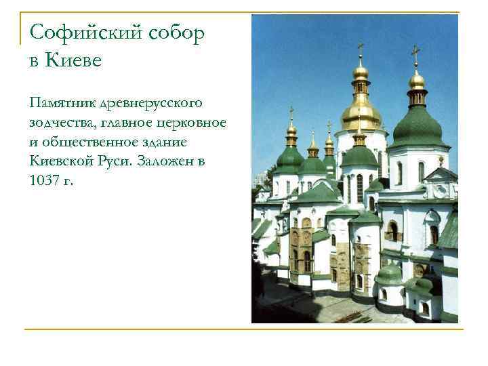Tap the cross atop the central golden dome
tap(361, 50)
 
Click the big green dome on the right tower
tap(417, 127)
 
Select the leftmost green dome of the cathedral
tap(290, 160)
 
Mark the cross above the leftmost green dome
tap(291, 111)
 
